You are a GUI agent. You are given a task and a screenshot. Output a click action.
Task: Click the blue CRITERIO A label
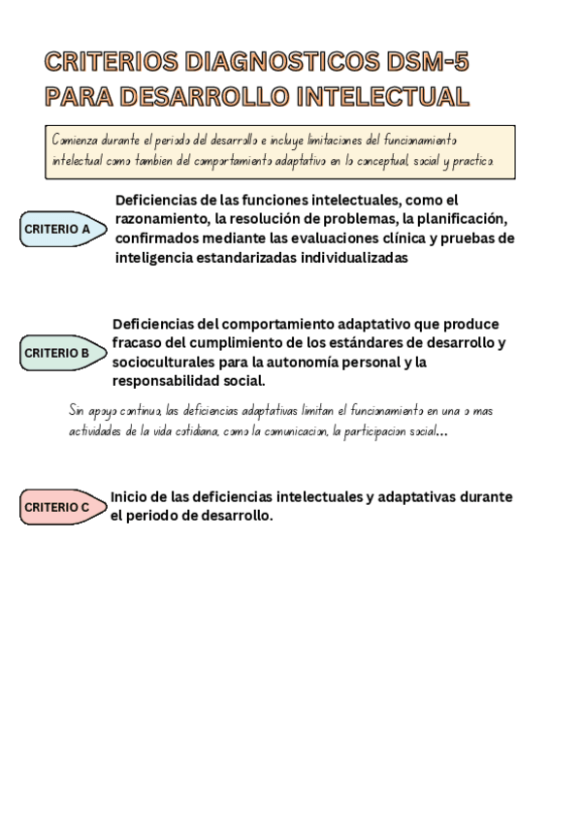tap(60, 230)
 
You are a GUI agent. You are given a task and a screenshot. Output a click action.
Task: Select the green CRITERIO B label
tap(60, 353)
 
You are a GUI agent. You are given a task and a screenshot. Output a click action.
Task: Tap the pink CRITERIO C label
tap(60, 507)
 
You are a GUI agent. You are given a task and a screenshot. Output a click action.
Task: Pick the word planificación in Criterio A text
tap(456, 219)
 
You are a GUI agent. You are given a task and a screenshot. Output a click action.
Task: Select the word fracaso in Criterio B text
tap(139, 343)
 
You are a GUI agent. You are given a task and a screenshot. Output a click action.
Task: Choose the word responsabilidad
tap(165, 381)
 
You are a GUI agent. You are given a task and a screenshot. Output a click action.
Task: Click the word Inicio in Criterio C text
tap(129, 497)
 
